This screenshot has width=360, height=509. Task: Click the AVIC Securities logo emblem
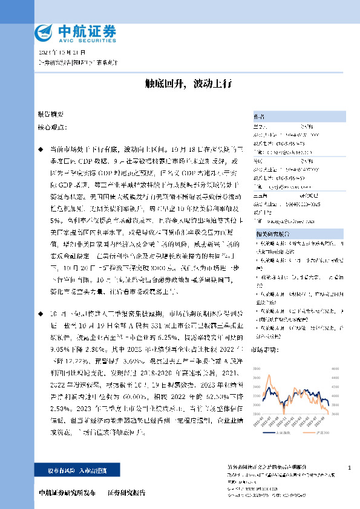[x=44, y=31]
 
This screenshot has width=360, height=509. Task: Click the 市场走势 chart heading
[x=264, y=349]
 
